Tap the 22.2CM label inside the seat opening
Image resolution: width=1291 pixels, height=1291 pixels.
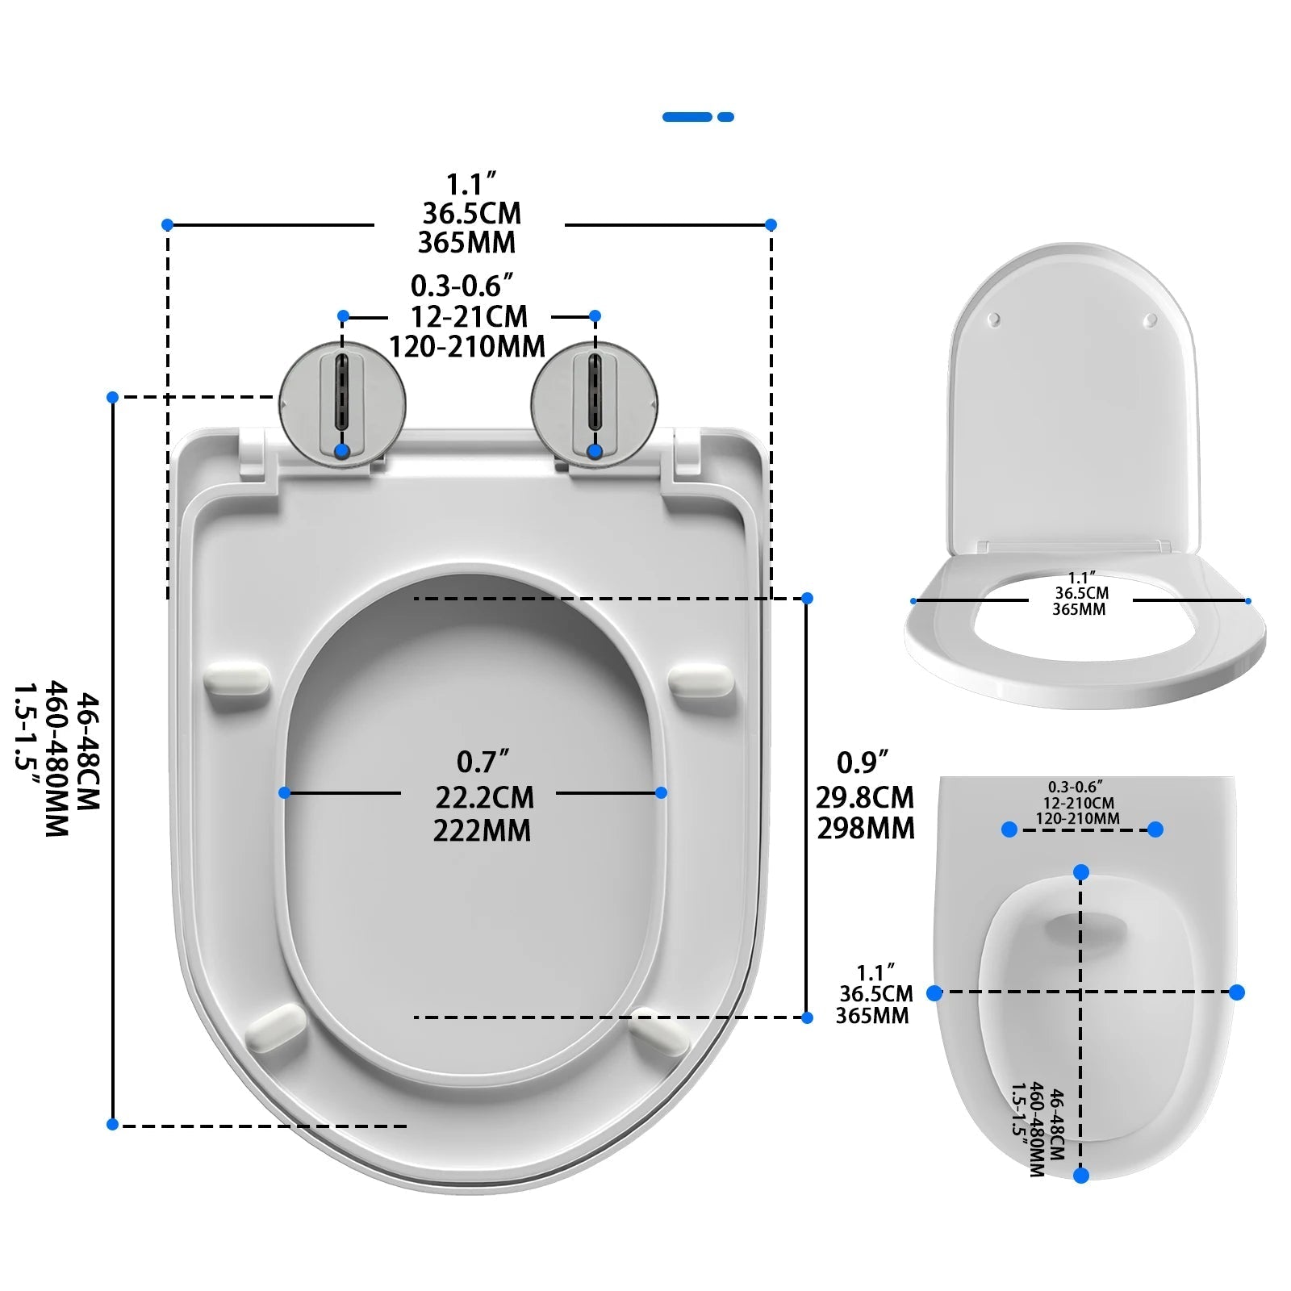pos(484,797)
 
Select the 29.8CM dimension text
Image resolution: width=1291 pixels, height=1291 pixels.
pos(865,797)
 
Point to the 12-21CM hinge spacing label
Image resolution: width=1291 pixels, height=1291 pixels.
pos(469,315)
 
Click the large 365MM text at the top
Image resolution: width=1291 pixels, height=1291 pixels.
pos(466,242)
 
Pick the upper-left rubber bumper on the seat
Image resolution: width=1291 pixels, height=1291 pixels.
pos(236,679)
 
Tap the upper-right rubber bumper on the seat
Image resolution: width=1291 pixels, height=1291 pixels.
pos(701,679)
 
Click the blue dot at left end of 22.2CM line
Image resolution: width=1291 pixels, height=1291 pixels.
pos(284,793)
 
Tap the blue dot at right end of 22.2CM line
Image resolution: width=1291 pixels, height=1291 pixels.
pos(661,793)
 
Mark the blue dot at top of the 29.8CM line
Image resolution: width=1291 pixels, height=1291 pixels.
pos(807,598)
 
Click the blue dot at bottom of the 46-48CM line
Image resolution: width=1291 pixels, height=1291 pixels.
pos(113,1124)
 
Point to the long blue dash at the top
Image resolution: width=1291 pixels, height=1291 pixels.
pos(687,117)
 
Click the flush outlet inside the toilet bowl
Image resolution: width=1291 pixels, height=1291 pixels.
pos(1085,928)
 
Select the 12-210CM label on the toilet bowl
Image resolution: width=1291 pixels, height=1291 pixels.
pos(1078,804)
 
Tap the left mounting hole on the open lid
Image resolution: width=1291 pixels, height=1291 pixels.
pos(995,320)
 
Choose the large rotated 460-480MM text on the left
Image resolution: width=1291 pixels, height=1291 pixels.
pos(56,758)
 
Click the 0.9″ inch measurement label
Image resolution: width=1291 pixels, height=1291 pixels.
pos(862,762)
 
